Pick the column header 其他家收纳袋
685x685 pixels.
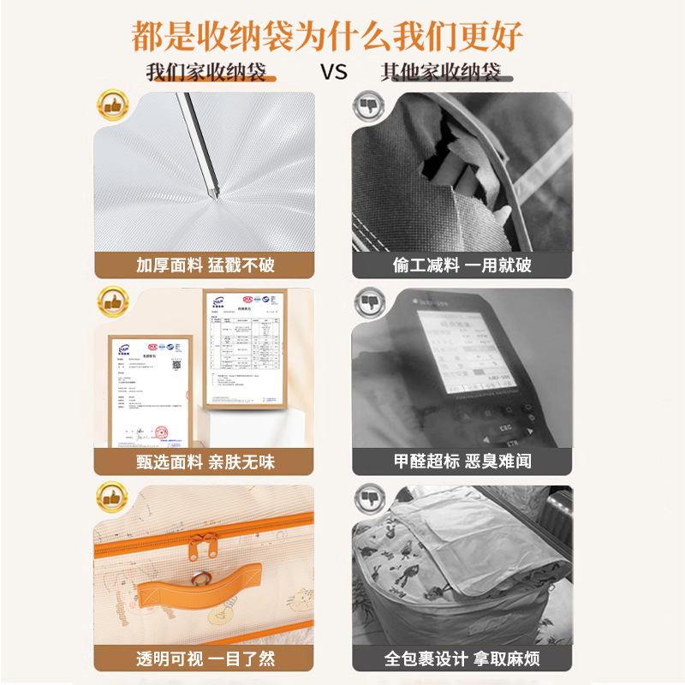(x=440, y=71)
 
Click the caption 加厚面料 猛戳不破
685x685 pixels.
(x=205, y=265)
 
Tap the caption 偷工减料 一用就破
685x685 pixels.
(x=462, y=265)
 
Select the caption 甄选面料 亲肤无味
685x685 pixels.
(x=205, y=462)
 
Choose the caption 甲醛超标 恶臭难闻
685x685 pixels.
(x=462, y=462)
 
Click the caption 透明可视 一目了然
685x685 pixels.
(x=205, y=660)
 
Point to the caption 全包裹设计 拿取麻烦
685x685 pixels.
(x=462, y=660)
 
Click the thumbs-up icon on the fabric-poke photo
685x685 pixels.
(x=111, y=106)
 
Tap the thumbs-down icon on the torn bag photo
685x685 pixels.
(x=369, y=106)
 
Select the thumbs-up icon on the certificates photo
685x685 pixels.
(x=111, y=301)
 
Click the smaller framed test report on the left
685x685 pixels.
(x=146, y=390)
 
